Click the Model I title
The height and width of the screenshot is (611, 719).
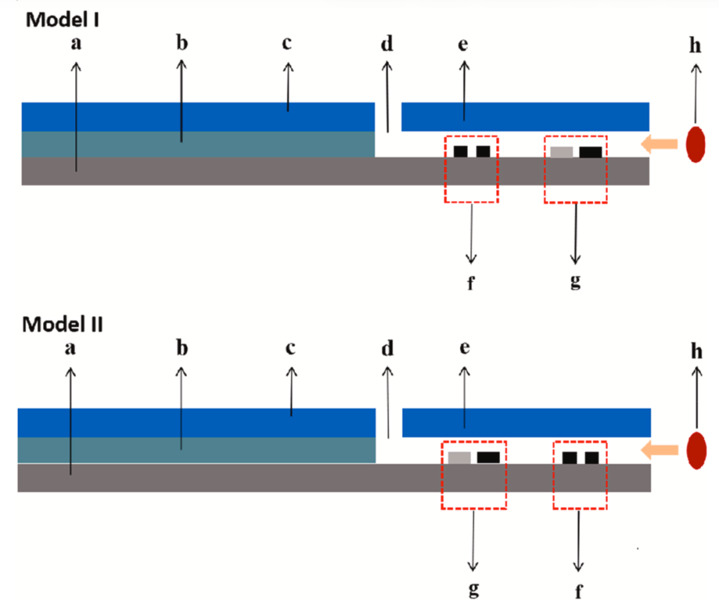(63, 19)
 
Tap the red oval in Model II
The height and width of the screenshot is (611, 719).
(696, 451)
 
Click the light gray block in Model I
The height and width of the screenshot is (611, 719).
(561, 152)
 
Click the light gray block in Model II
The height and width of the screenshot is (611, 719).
(459, 458)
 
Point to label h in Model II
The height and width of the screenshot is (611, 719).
(696, 352)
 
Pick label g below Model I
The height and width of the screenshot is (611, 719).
(576, 281)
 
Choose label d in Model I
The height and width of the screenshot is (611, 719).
(387, 45)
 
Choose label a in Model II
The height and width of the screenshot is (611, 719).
(71, 349)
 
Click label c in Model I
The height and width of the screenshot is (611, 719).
(287, 44)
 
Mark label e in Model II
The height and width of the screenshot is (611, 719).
(465, 349)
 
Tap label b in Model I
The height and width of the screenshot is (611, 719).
(182, 44)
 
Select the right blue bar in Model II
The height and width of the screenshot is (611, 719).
(526, 422)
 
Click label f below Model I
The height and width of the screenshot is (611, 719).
(471, 282)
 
